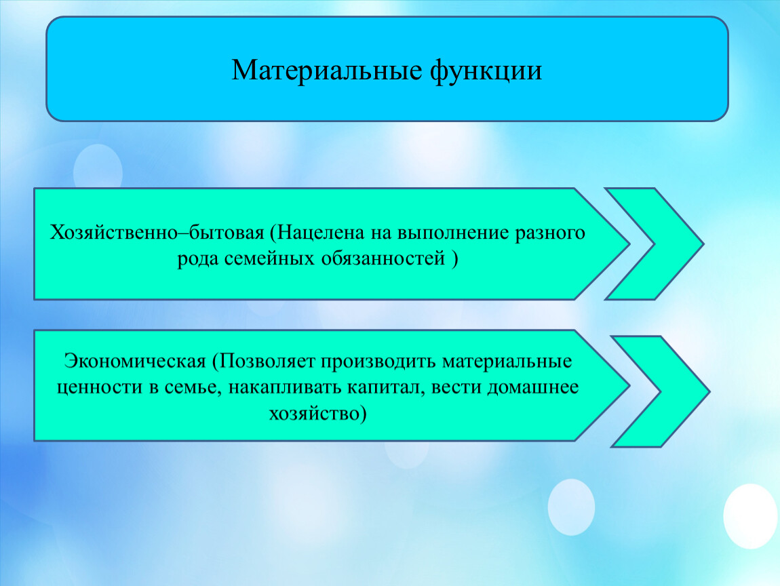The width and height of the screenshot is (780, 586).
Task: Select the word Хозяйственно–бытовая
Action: [157, 233]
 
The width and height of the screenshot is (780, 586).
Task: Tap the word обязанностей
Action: [383, 258]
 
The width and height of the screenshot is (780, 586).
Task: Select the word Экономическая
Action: [135, 361]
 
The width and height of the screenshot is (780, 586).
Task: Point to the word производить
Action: [378, 362]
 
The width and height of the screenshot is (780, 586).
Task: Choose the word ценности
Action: [100, 387]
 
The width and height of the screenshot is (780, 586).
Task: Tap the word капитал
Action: [387, 387]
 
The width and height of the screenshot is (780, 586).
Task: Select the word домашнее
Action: [532, 387]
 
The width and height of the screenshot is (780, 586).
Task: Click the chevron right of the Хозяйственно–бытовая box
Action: [654, 243]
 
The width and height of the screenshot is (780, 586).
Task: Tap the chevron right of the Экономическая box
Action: [660, 391]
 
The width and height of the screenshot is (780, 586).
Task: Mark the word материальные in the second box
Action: [507, 362]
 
